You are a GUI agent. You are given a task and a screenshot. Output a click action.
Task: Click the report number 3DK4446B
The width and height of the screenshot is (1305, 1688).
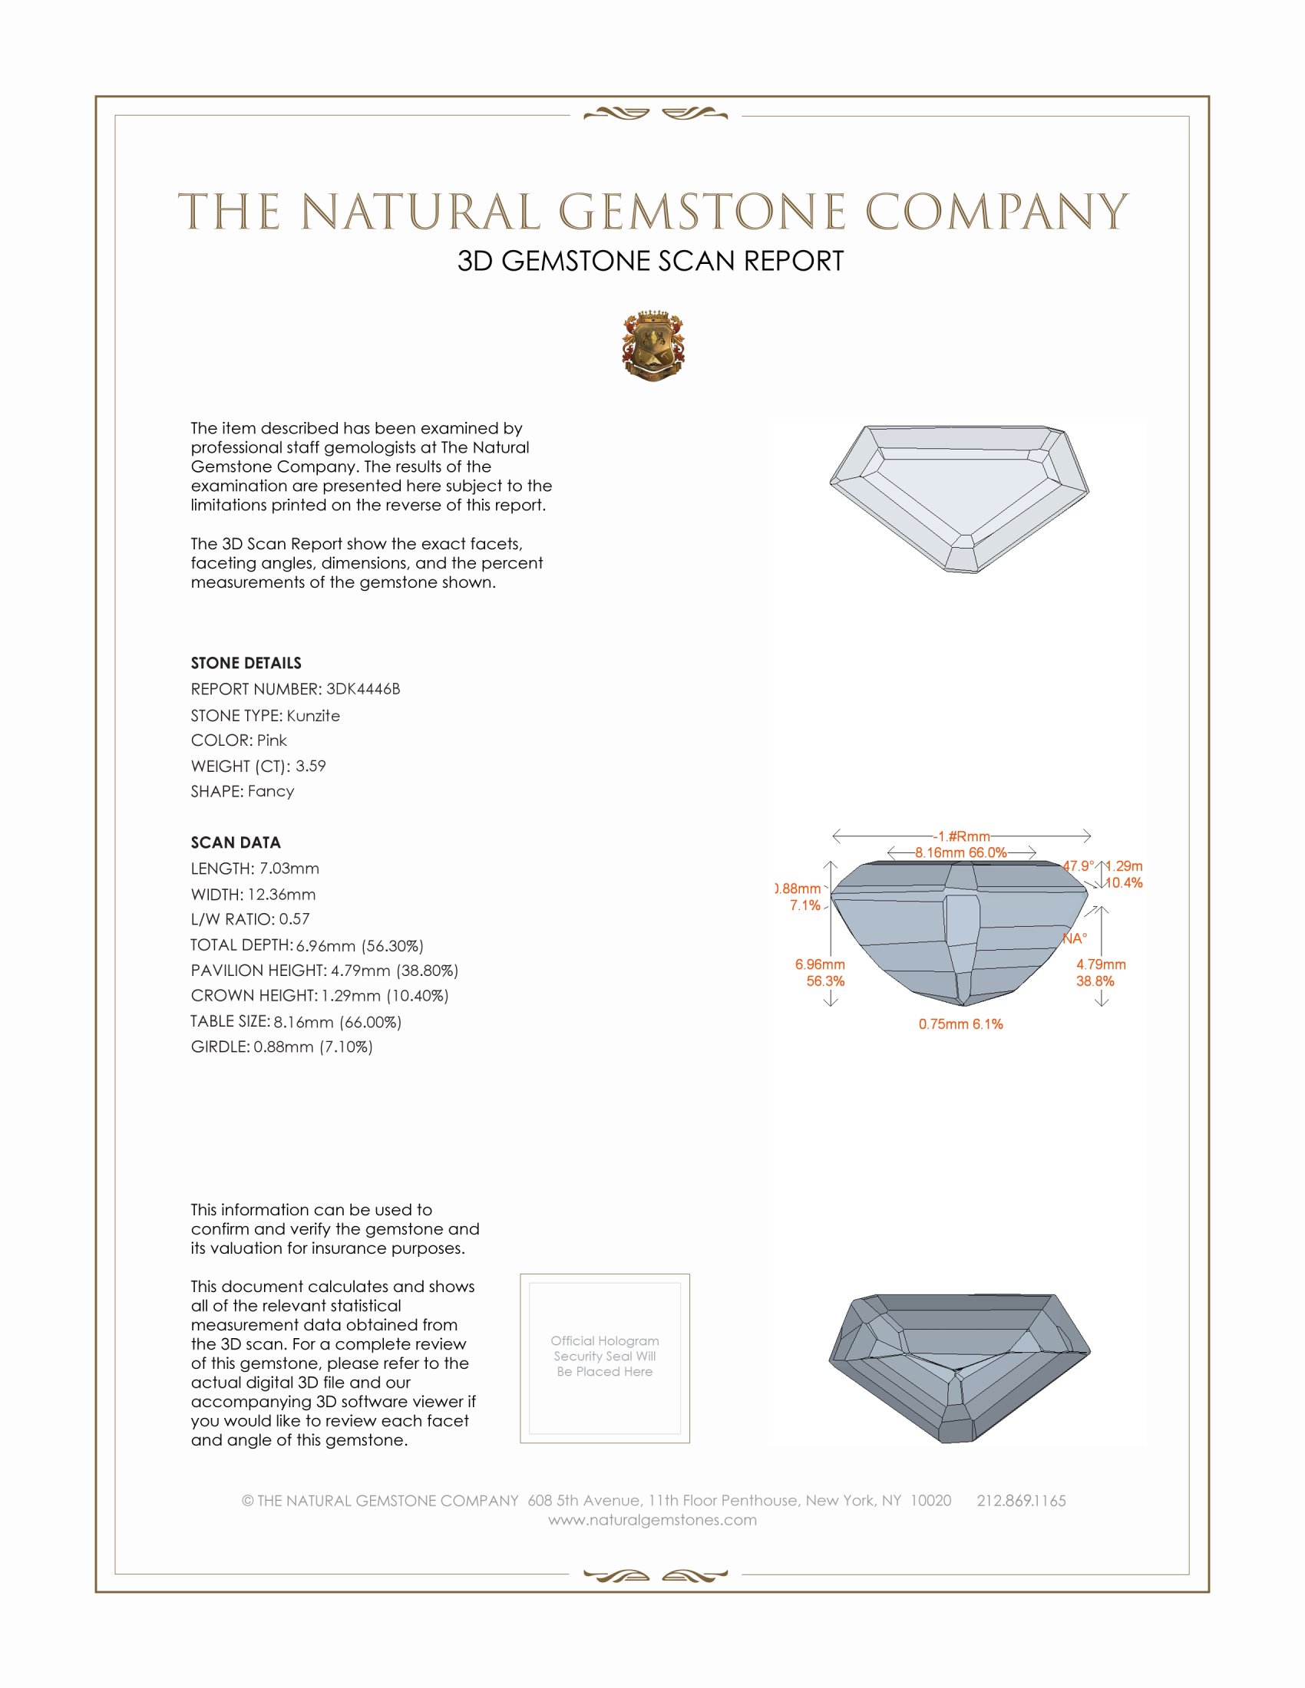(362, 689)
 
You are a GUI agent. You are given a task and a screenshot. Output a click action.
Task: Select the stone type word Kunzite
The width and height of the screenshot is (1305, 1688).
(313, 716)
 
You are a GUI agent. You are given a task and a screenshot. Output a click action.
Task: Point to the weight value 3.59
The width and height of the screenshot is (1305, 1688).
(310, 766)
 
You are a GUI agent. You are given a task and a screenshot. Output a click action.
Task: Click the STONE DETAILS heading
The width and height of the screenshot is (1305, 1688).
(246, 663)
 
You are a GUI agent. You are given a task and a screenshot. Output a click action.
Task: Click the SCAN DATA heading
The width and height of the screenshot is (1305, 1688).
(236, 842)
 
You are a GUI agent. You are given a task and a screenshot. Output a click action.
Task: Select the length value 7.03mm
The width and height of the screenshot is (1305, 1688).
(289, 869)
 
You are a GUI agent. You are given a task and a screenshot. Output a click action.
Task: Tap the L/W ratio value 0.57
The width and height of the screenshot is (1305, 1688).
(294, 919)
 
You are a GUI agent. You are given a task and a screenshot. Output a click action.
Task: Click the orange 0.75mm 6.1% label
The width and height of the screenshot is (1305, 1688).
(960, 1024)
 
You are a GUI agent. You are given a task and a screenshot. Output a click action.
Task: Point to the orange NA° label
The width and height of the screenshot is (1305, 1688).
(1074, 938)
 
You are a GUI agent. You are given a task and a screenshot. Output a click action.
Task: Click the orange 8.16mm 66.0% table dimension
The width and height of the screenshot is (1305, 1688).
(960, 852)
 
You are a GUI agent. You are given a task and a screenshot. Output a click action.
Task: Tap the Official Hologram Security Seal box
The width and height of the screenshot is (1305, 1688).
(605, 1358)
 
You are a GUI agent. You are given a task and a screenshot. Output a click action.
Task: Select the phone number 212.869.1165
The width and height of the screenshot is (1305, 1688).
(1020, 1500)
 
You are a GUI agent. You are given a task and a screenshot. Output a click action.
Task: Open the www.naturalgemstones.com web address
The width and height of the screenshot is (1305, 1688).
(652, 1519)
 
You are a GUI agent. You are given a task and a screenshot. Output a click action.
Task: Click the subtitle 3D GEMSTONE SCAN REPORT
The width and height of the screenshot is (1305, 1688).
(650, 261)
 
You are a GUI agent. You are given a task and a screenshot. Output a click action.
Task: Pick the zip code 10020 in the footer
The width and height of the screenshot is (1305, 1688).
(930, 1500)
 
